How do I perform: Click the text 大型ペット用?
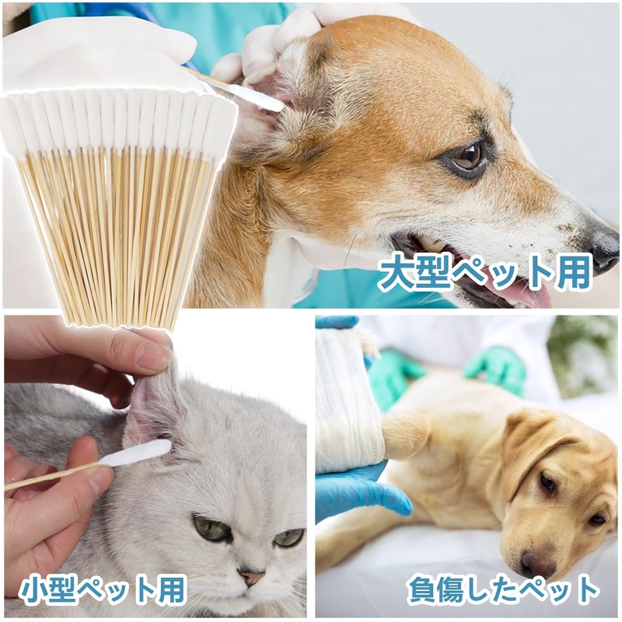pos(485,272)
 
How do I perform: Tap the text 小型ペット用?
pos(102,590)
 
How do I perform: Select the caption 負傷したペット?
pos(504,590)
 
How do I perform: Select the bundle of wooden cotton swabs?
pos(117,202)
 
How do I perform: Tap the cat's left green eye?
pos(212,530)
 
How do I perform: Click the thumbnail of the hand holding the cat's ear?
pos(152,357)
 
